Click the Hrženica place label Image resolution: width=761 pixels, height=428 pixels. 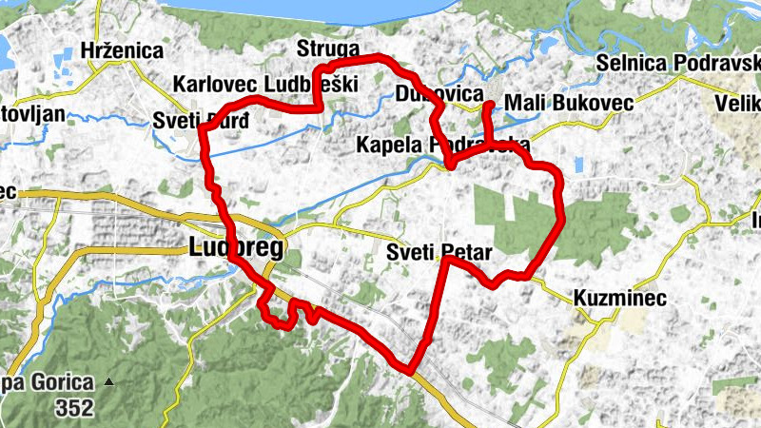(x=123, y=50)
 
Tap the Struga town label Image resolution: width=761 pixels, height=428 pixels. (x=327, y=50)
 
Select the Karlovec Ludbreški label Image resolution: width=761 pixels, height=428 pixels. (x=265, y=84)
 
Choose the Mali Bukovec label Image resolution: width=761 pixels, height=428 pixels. (x=563, y=102)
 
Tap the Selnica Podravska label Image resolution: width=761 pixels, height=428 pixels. (x=677, y=63)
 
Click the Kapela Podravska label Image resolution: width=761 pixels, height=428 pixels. (x=442, y=145)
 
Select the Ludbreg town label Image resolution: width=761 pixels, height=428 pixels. (x=236, y=249)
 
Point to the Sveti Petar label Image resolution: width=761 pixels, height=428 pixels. (x=439, y=253)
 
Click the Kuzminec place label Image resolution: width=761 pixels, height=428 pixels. (x=619, y=298)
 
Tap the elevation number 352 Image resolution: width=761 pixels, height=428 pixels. (x=74, y=409)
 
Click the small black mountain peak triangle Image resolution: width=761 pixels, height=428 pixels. (x=109, y=383)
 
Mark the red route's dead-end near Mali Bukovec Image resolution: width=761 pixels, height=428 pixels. (x=488, y=105)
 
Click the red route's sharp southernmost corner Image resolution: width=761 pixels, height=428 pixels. (x=411, y=370)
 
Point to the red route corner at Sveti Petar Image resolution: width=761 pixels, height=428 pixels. (x=445, y=259)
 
